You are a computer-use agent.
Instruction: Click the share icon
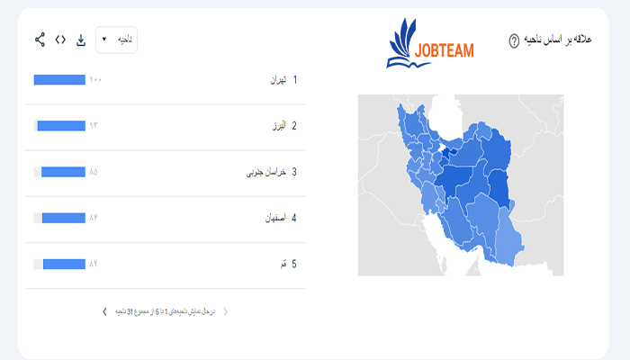click(40, 40)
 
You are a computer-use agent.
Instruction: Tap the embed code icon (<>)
click(60, 40)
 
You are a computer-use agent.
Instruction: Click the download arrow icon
click(81, 40)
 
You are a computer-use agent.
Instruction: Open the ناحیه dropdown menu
click(116, 40)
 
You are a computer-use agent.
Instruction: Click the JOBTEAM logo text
click(444, 49)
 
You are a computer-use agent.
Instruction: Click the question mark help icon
click(514, 40)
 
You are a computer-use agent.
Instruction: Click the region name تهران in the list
click(277, 80)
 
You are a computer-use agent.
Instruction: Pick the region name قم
click(283, 264)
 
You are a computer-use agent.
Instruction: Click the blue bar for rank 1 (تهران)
click(59, 80)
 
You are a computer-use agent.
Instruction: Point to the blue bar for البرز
click(61, 126)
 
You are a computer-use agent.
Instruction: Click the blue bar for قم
click(63, 264)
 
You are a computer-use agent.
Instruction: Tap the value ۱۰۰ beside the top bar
click(95, 80)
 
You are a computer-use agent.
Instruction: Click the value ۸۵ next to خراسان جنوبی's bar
click(94, 172)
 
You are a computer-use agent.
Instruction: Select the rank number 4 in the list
click(294, 218)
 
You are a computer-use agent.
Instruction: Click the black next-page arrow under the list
click(105, 311)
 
